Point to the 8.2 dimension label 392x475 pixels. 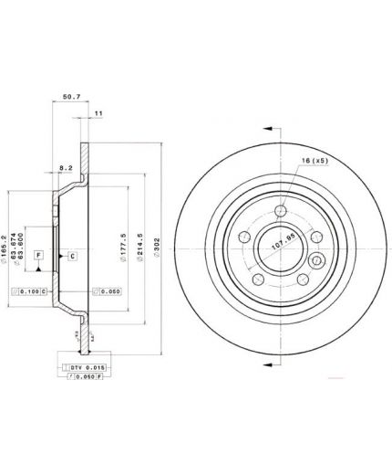pos(67,168)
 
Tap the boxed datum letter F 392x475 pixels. pos(38,256)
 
